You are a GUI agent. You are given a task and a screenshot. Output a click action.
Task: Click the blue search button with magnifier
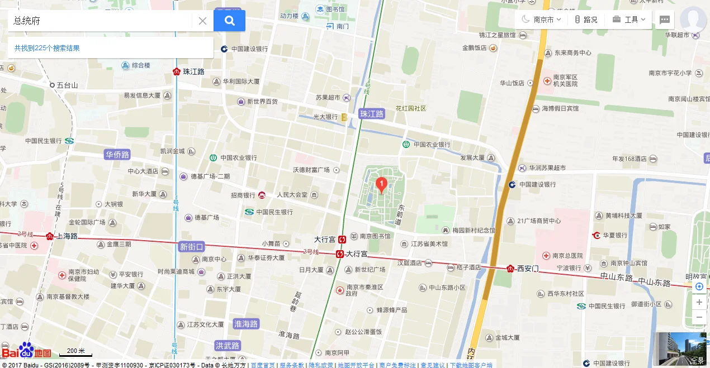pos(229,21)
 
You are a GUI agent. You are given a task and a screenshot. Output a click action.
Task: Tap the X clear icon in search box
pos(202,21)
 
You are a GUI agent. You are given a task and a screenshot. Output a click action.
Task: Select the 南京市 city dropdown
pos(542,20)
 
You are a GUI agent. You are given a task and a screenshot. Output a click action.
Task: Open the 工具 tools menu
pos(629,20)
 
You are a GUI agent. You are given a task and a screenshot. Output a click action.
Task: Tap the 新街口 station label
pos(192,246)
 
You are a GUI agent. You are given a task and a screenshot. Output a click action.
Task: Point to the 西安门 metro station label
pos(527,268)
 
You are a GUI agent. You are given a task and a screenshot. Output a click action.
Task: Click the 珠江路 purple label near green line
pos(372,114)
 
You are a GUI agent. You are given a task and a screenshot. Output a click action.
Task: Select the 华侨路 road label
pos(117,154)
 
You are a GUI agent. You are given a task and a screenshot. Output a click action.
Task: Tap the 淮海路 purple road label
pos(246,324)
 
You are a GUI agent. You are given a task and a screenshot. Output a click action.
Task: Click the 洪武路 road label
pos(228,346)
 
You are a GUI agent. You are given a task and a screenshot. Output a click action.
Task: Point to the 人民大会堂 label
pos(292,195)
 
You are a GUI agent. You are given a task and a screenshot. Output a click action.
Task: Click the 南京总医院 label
pos(567,256)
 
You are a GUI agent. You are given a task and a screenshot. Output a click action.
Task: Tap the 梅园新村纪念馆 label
pos(474,230)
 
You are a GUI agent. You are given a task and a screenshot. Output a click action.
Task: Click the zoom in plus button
pos(699,302)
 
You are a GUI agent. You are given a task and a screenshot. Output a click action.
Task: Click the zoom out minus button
pos(699,318)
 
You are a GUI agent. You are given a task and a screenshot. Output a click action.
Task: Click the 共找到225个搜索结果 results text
pos(47,48)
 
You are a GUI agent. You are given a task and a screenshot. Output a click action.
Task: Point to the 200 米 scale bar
pos(75,352)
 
